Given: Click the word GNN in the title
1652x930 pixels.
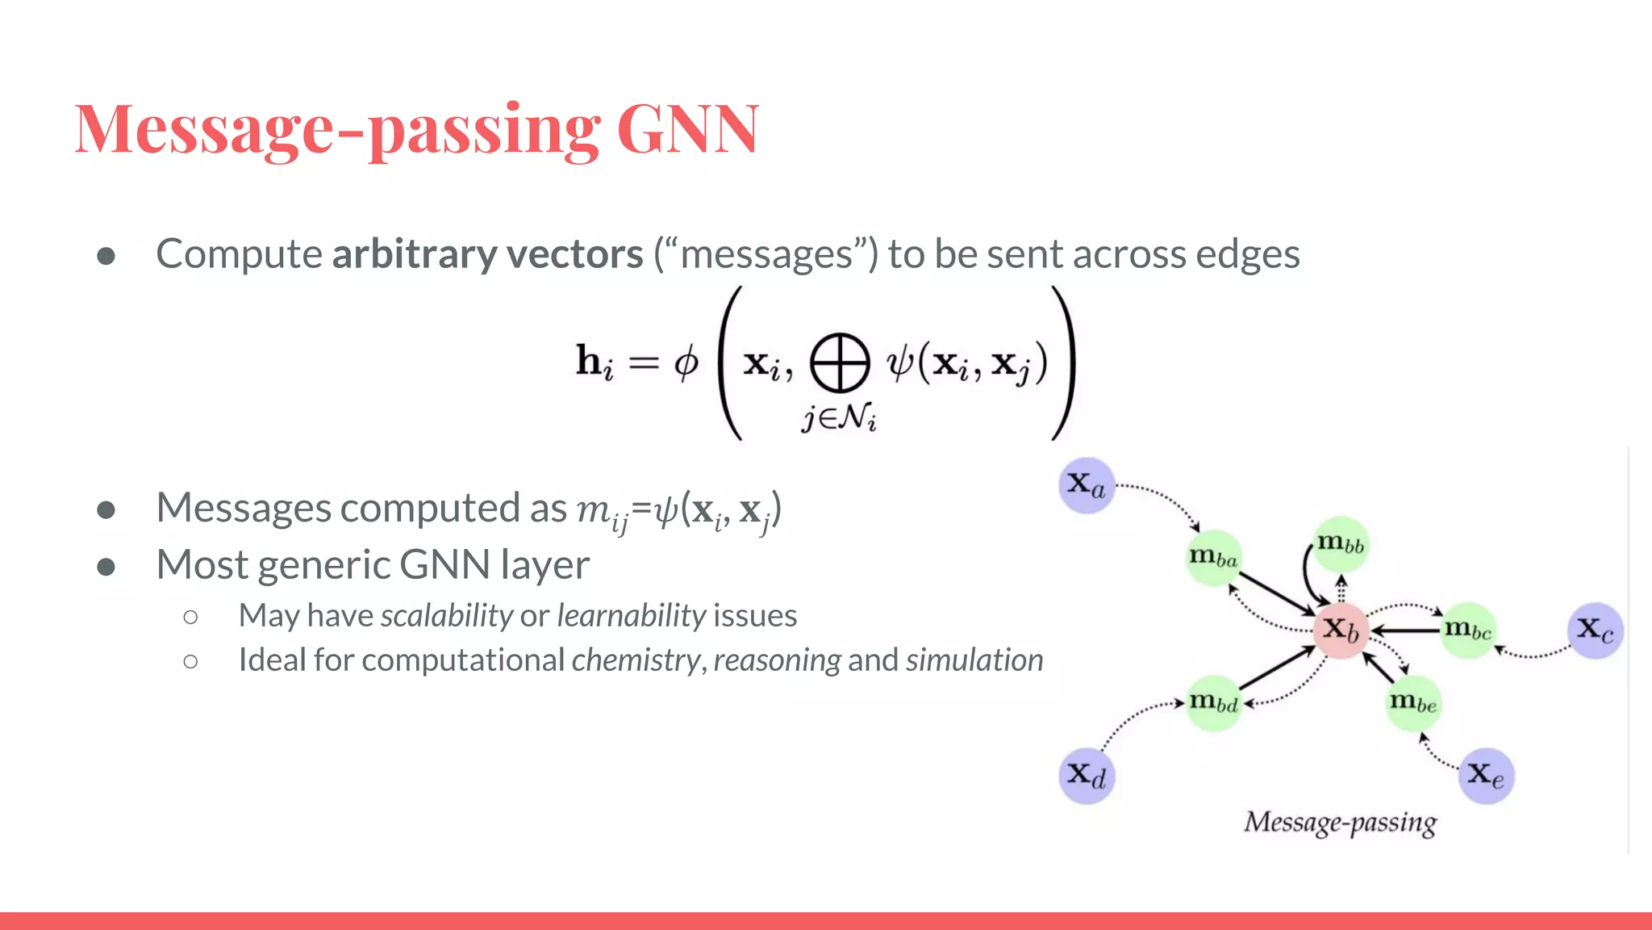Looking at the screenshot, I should click(687, 129).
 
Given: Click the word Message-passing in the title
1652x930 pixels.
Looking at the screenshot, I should click(337, 129).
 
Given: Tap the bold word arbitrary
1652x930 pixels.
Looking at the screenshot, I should click(413, 254).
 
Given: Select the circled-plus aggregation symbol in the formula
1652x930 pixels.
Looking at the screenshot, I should click(839, 363).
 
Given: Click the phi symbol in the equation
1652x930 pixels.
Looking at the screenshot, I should click(686, 363).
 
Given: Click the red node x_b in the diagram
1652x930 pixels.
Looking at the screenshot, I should click(1341, 630).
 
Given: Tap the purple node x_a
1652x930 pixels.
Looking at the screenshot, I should click(1087, 486).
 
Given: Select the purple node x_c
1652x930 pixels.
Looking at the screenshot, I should click(1596, 630).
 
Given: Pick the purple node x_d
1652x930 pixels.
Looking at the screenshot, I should click(1087, 776).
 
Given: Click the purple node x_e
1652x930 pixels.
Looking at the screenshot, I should click(1486, 776).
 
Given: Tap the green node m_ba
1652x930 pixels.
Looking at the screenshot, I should click(1213, 558).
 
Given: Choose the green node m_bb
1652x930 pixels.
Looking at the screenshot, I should click(1341, 544).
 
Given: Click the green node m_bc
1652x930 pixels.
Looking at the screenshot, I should click(1468, 630).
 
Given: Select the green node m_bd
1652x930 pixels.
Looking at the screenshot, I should click(1213, 703).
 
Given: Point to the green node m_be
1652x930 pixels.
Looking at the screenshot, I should click(1413, 703).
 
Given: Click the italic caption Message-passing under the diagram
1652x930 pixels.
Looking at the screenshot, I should click(1340, 823).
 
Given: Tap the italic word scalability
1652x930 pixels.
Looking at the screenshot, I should click(446, 616).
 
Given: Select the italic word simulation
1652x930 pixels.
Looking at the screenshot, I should click(974, 660).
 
